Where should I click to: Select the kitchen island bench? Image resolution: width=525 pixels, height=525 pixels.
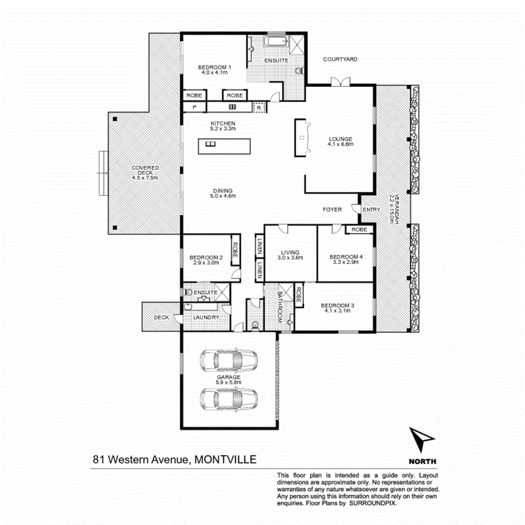(224, 146)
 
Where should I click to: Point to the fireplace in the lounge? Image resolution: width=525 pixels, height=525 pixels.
(302, 138)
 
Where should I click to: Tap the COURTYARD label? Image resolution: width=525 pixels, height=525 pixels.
(340, 60)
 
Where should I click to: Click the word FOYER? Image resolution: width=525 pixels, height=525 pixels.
(332, 209)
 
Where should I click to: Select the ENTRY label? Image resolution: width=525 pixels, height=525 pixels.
(371, 210)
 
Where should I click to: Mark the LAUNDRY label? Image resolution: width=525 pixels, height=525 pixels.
(206, 317)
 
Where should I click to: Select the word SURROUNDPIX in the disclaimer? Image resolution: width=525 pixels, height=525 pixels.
(374, 502)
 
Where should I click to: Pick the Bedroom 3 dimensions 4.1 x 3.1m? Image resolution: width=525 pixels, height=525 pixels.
(337, 311)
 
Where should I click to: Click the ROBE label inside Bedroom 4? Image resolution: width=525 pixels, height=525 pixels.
(359, 230)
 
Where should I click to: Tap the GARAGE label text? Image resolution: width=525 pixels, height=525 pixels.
(229, 377)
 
